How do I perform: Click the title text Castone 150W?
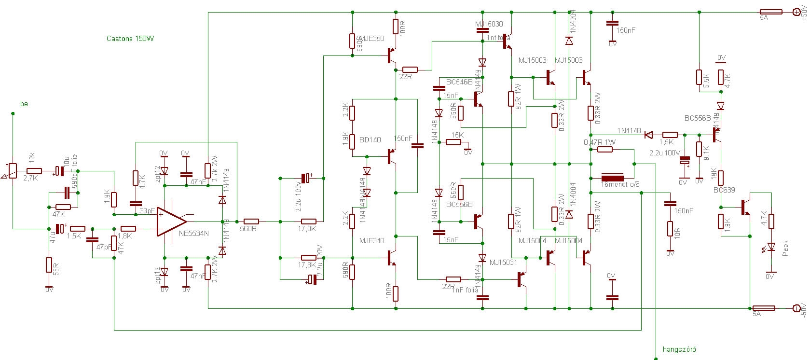130,39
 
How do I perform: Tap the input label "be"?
24,104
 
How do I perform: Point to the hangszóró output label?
679,349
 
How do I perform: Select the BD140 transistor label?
370,140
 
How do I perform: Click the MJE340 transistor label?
371,240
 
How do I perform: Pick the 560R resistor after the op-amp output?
248,222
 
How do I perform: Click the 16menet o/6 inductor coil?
613,177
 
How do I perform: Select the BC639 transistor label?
724,190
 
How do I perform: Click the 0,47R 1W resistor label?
600,142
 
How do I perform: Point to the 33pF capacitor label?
147,211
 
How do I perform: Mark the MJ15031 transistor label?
503,263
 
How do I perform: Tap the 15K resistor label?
457,135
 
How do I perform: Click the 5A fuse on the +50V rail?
771,12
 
